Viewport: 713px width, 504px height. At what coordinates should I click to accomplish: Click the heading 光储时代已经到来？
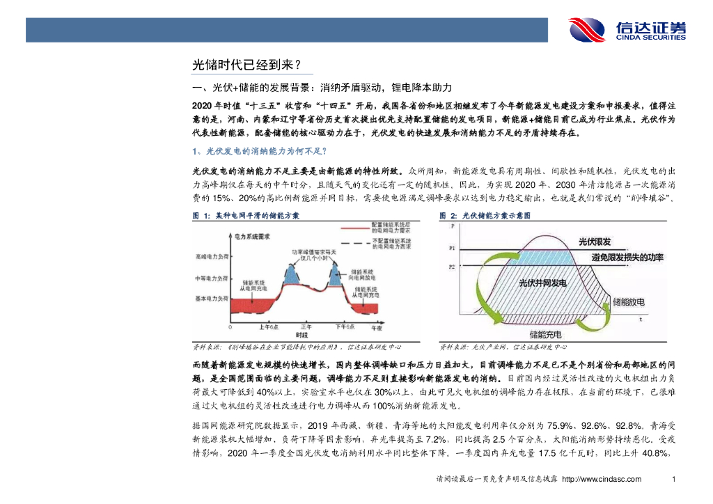pos(246,65)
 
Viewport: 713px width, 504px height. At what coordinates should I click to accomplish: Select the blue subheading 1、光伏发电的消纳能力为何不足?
pos(259,151)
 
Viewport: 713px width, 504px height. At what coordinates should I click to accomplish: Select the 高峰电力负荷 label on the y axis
pos(212,257)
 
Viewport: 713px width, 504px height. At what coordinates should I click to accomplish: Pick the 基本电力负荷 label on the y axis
pos(212,298)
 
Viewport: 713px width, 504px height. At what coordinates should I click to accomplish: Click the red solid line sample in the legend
pos(354,228)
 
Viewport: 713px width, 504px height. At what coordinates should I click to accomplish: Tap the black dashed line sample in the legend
pos(354,243)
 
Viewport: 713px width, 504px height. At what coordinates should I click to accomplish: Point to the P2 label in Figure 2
pos(452,267)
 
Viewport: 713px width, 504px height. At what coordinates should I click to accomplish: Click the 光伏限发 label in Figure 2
pos(595,242)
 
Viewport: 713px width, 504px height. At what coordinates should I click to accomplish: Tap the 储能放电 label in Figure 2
pos(628,302)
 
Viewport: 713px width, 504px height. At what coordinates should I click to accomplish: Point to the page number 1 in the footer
pos(673,480)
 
